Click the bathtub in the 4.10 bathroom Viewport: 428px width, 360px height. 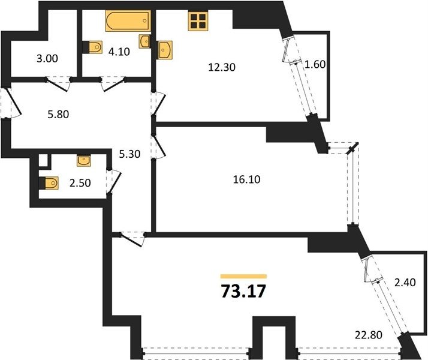128,21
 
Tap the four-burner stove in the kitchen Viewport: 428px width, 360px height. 198,21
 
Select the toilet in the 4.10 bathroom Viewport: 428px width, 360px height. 92,47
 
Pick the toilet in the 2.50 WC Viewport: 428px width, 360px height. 49,183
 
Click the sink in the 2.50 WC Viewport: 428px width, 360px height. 84,161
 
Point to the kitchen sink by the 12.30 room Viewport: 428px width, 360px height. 165,50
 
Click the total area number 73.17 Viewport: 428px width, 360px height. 243,291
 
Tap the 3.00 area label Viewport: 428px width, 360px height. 47,58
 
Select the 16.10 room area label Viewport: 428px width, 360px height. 246,179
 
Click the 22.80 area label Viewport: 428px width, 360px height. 369,335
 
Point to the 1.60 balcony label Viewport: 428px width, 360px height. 315,64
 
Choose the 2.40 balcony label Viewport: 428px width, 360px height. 405,282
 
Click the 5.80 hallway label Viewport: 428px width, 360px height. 58,114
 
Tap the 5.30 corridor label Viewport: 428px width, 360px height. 129,154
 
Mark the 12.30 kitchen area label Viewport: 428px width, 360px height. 222,67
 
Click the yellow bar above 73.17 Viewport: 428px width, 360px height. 243,277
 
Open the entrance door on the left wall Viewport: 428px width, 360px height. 13,101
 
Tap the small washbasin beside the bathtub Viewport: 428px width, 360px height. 144,41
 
